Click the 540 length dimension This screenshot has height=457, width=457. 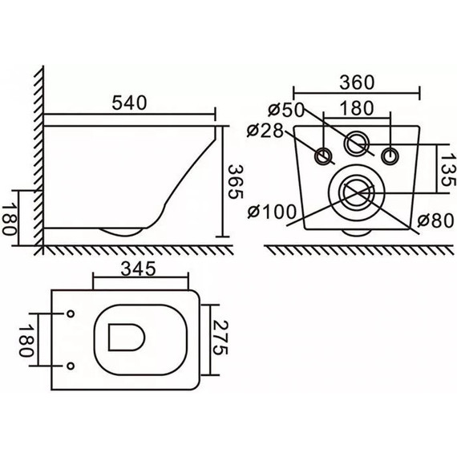131,103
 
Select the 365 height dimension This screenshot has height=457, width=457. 234,184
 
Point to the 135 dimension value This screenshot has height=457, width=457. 442,170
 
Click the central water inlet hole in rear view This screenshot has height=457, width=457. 357,144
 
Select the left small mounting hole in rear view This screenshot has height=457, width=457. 325,156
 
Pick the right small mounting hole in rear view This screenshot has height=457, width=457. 390,156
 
